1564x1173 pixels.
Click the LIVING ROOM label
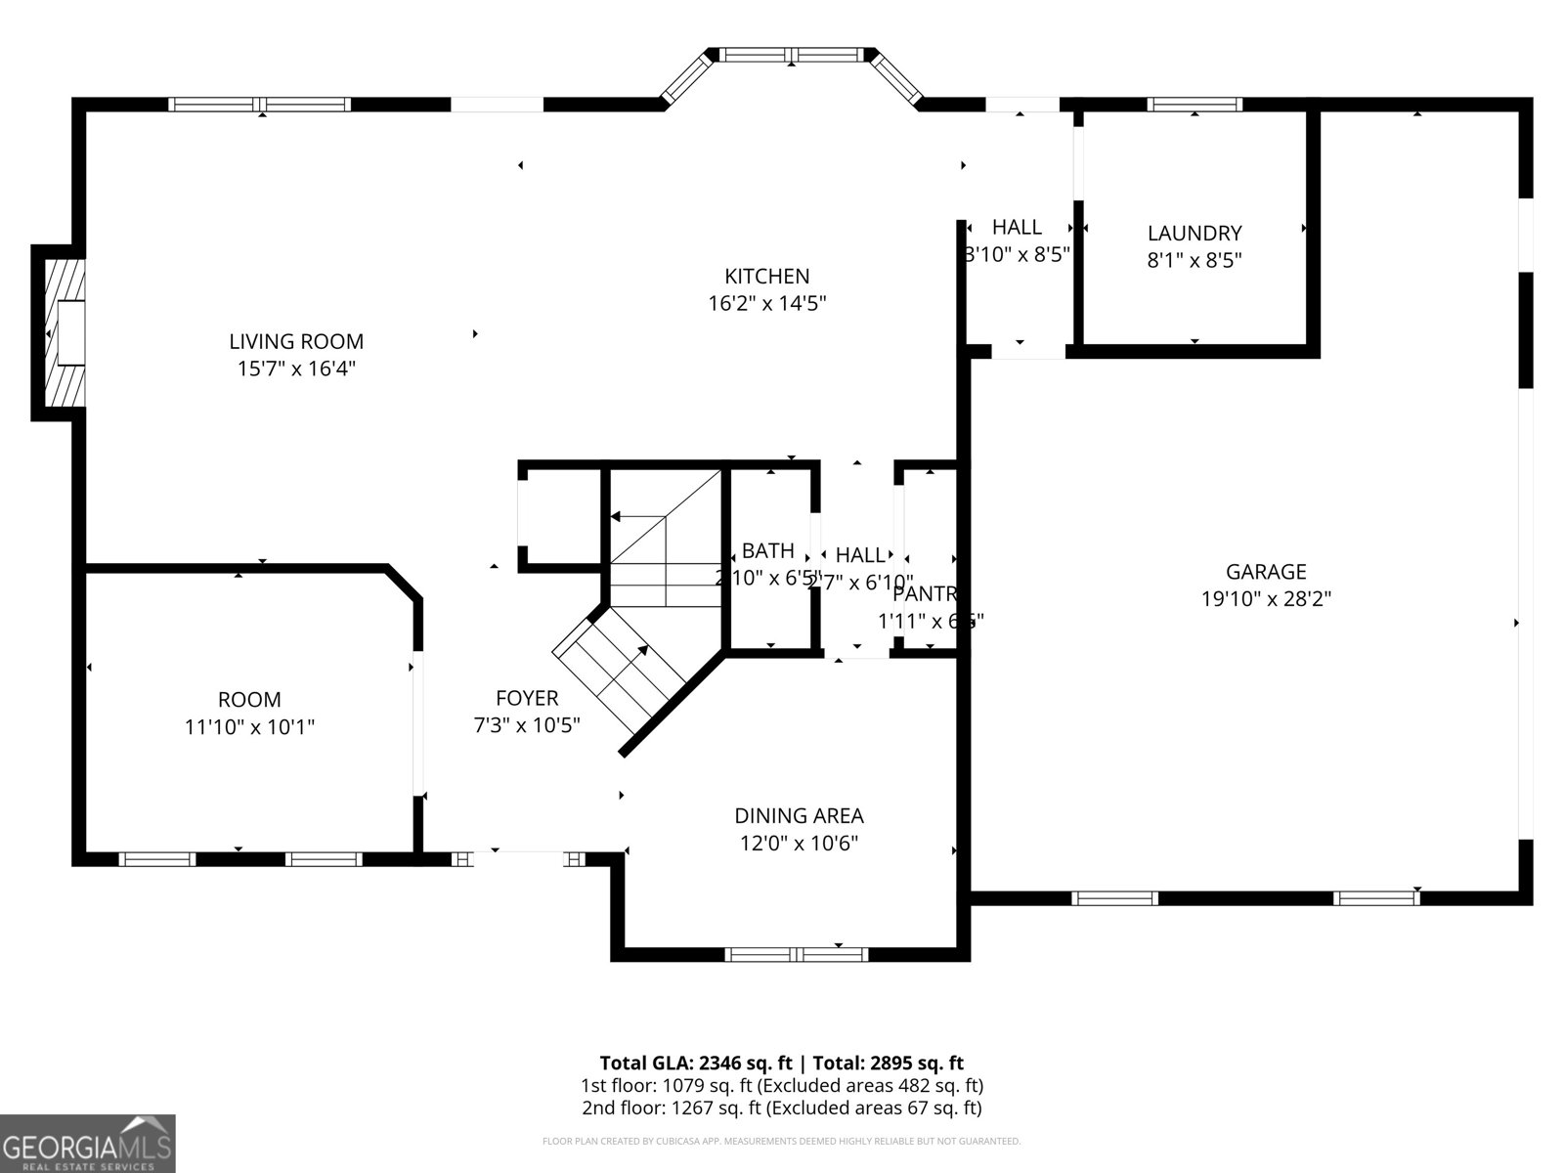point(296,341)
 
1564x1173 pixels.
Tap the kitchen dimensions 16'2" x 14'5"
point(767,304)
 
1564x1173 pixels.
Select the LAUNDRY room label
point(1195,233)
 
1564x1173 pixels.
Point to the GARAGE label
point(1266,572)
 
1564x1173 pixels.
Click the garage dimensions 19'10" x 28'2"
point(1266,598)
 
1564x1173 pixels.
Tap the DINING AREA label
point(799,815)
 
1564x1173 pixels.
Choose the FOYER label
point(527,698)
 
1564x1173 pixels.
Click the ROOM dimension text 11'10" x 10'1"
point(249,727)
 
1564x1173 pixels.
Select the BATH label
point(767,550)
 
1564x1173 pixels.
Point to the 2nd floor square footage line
point(781,1108)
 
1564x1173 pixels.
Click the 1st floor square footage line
point(781,1085)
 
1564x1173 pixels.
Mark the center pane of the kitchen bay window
point(793,55)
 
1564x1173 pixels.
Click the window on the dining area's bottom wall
point(796,954)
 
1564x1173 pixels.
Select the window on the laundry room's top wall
point(1195,104)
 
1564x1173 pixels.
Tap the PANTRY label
point(924,593)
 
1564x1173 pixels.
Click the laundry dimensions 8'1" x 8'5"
point(1195,260)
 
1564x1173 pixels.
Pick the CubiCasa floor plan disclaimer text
point(781,1141)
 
